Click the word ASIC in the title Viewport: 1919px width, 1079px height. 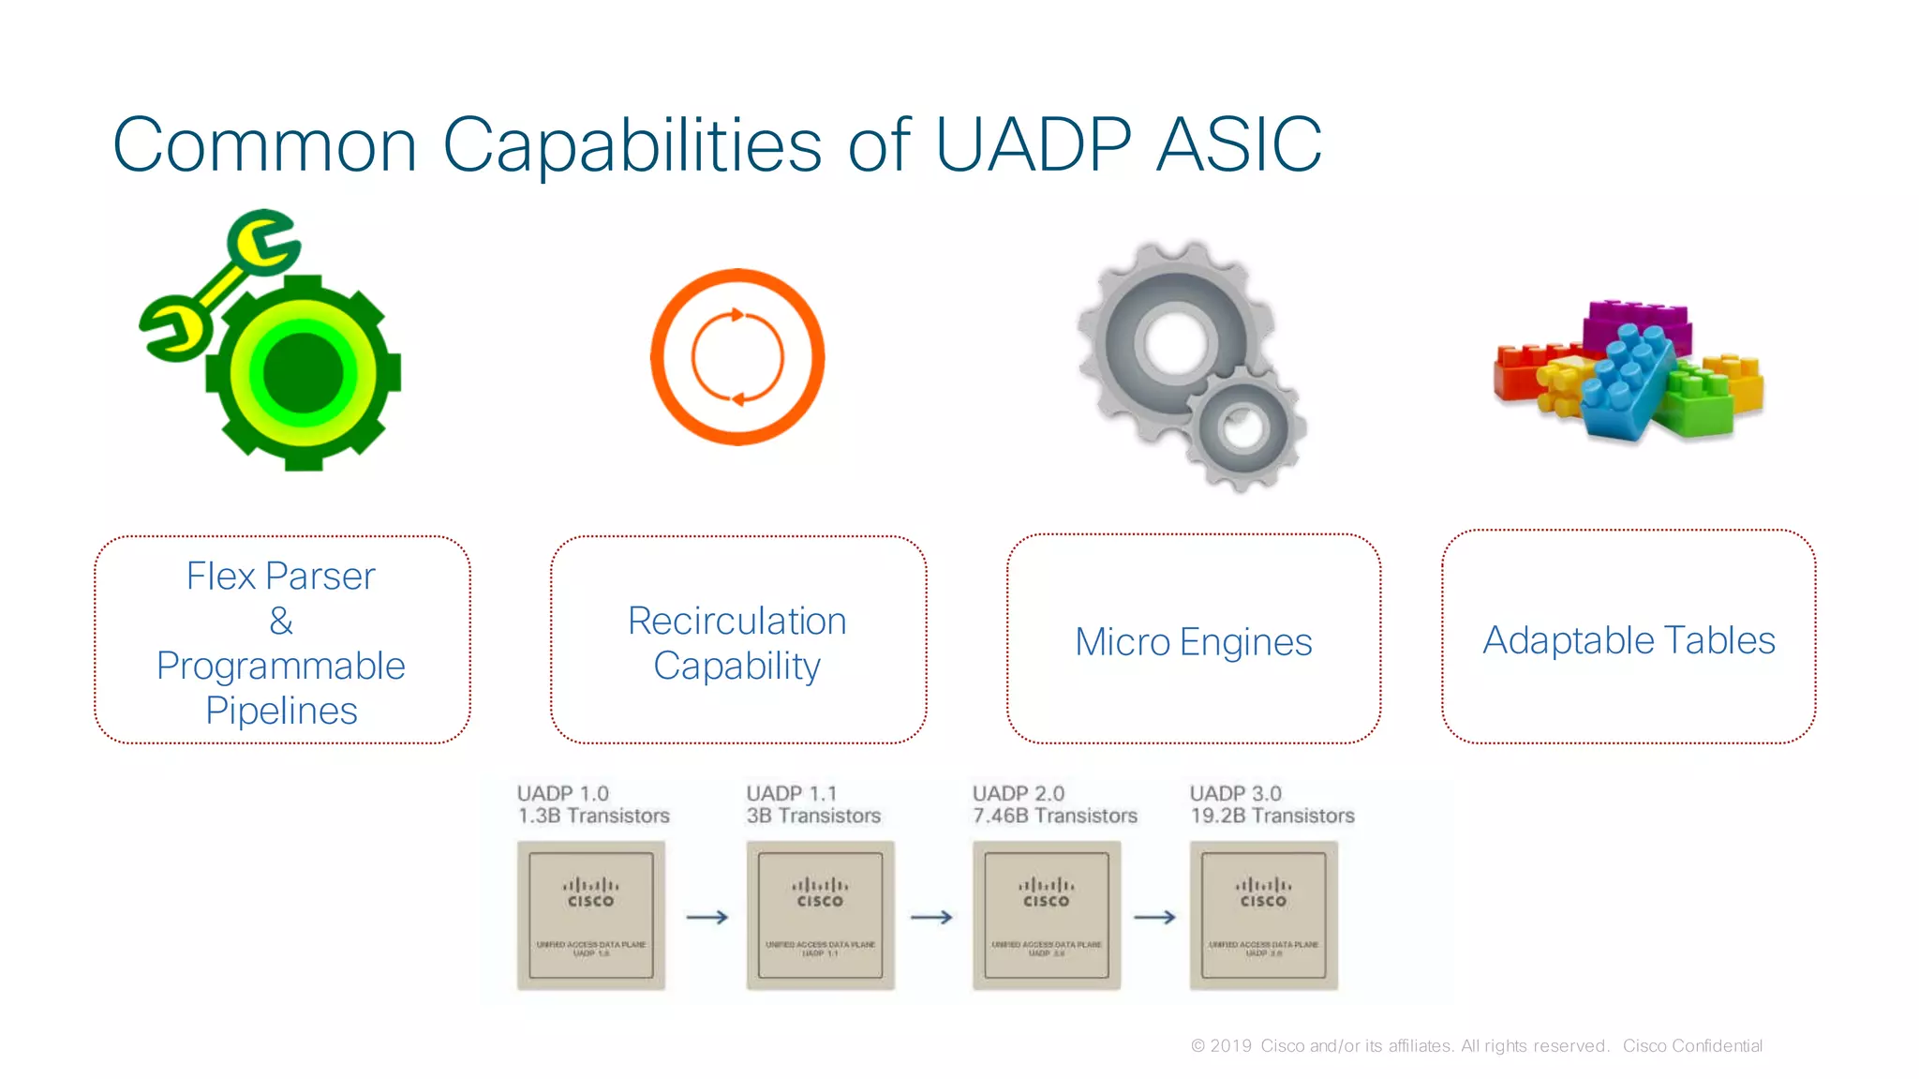point(1239,144)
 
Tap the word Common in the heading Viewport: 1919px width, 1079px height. point(264,146)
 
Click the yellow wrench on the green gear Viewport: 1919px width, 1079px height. point(221,284)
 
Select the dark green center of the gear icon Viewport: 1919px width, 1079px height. point(303,372)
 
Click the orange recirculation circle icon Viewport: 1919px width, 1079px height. point(737,357)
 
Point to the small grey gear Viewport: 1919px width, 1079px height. point(1243,428)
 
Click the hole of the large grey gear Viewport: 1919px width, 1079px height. point(1175,342)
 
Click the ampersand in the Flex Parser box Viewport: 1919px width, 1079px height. point(281,621)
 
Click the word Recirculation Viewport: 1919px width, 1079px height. point(736,621)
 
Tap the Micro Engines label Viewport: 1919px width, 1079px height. point(1193,642)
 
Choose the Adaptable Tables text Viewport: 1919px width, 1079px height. point(1629,640)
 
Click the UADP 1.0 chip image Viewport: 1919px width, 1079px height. point(590,915)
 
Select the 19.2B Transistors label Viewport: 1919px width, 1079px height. point(1272,816)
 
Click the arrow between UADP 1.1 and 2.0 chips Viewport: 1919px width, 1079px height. point(931,917)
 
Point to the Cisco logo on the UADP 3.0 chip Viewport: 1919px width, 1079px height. point(1263,892)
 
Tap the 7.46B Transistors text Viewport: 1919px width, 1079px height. point(1054,816)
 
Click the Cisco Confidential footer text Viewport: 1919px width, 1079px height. point(1692,1045)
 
